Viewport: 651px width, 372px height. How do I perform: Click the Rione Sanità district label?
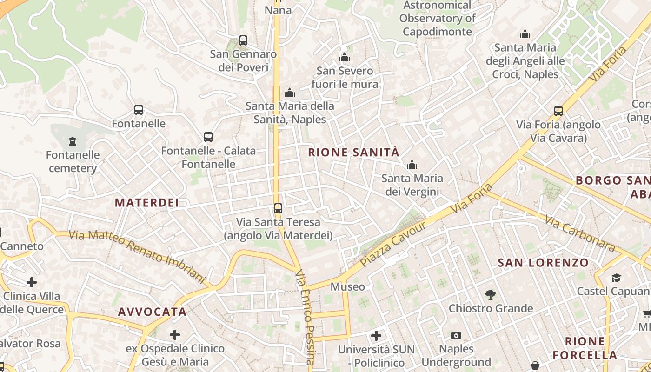coord(353,152)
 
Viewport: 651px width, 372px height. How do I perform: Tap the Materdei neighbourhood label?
coord(147,202)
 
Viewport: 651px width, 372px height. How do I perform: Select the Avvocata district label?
coord(152,312)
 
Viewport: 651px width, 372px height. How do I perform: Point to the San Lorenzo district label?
coord(543,263)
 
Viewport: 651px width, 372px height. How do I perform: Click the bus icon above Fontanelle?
coord(139,110)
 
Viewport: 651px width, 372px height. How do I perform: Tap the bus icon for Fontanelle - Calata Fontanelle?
coord(208,137)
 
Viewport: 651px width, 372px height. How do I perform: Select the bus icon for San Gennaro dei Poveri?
coord(243,40)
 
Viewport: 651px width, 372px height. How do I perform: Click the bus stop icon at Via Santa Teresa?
coord(278,208)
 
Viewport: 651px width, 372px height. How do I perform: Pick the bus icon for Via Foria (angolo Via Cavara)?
coord(558,111)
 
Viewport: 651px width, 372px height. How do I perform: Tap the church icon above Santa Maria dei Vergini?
coord(412,165)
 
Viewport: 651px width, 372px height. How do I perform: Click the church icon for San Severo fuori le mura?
coord(345,57)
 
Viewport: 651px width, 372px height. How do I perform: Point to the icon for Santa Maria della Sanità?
coord(290,93)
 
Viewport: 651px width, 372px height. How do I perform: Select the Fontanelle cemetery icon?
coord(72,141)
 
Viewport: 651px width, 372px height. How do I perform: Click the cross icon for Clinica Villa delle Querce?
coord(32,282)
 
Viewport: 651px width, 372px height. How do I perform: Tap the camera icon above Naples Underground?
coord(456,335)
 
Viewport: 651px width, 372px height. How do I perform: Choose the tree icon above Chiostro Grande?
coord(490,294)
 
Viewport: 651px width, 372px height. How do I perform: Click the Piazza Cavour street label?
coord(393,245)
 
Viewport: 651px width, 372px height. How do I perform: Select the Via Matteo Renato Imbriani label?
coord(137,256)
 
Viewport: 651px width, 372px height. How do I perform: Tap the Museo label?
coord(347,287)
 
